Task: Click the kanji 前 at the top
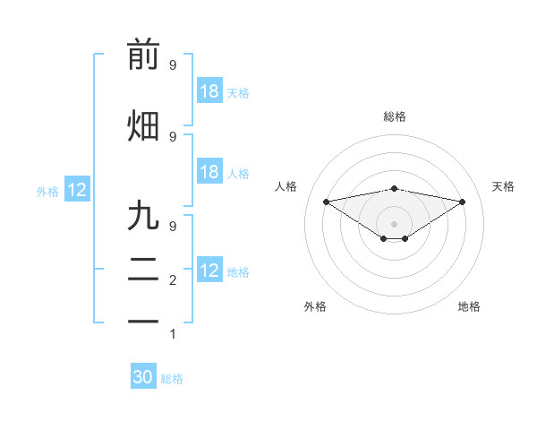[x=143, y=56]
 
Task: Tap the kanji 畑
[x=143, y=125]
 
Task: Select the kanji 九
[x=143, y=216]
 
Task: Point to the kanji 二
[x=143, y=268]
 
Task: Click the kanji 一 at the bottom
[x=143, y=320]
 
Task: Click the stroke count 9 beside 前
[x=173, y=65]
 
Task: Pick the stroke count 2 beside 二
[x=173, y=280]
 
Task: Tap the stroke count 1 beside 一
[x=173, y=334]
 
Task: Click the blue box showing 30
[x=143, y=377]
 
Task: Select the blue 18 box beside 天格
[x=209, y=91]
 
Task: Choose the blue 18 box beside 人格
[x=209, y=172]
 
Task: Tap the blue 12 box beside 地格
[x=209, y=271]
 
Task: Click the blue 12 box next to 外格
[x=76, y=190]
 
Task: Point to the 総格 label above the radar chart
[x=394, y=116]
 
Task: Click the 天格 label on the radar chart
[x=503, y=186]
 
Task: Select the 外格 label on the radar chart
[x=315, y=306]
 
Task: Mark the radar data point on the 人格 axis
[x=326, y=201]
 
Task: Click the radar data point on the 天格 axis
[x=462, y=202]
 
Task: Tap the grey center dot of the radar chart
[x=394, y=222]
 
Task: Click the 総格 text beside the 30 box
[x=172, y=379]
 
